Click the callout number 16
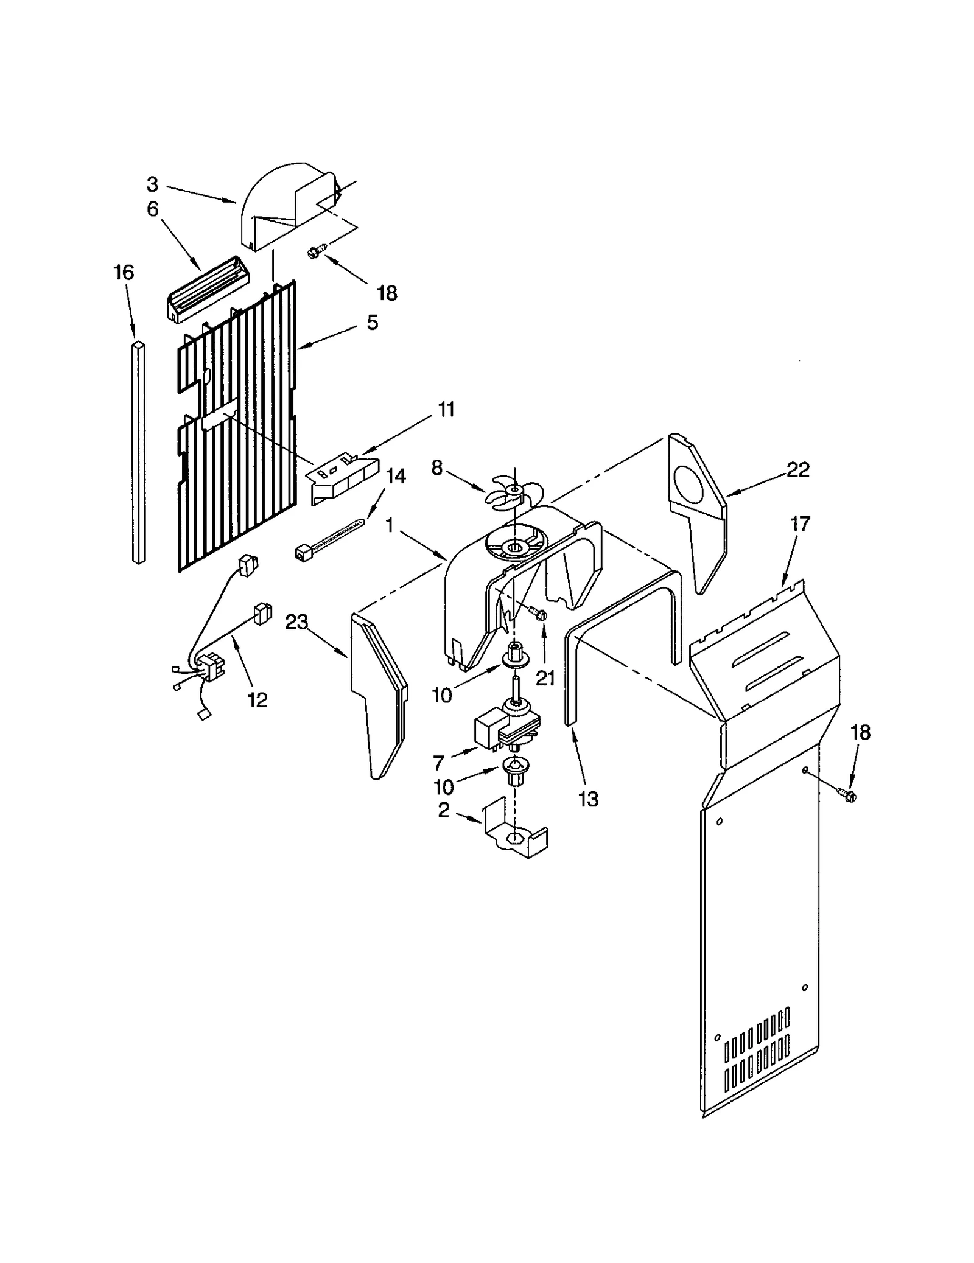click(x=124, y=272)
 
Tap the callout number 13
click(x=588, y=799)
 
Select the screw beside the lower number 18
click(x=847, y=794)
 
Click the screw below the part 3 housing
click(x=317, y=250)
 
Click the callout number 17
click(x=800, y=523)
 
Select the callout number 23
click(x=296, y=622)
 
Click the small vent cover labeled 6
click(x=207, y=289)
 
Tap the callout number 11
click(x=446, y=410)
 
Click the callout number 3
click(x=152, y=184)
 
